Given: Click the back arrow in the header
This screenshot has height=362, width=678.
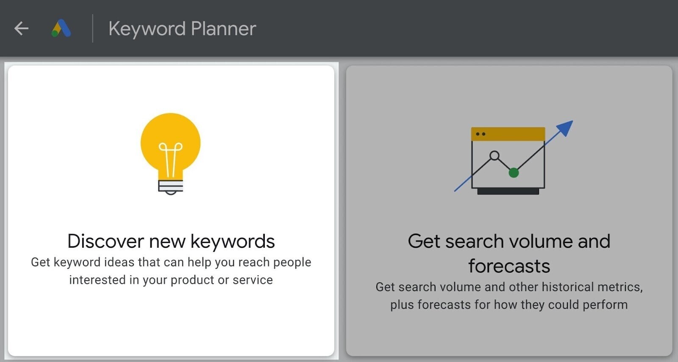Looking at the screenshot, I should coord(21,29).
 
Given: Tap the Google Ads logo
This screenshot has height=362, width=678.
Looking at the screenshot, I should coord(61,28).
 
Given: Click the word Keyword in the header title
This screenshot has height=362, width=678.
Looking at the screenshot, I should coord(147,29).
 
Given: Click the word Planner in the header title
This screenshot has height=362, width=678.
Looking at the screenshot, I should coord(223,29).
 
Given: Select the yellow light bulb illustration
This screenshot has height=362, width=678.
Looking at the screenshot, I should coord(170,140).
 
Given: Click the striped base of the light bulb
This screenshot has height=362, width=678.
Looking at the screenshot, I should coord(170,186).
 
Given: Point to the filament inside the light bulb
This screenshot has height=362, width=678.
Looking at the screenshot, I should coord(170,159).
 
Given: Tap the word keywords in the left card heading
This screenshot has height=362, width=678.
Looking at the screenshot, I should coord(233,241).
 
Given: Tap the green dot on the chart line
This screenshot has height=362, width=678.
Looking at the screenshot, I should coord(514,172).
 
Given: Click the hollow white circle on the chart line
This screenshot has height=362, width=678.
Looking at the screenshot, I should coord(494,155).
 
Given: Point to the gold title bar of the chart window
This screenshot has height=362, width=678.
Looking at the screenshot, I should coord(508,134).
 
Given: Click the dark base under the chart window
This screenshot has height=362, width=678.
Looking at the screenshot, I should coord(508,192).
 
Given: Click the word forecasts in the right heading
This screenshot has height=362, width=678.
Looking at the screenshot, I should coord(509,266).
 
